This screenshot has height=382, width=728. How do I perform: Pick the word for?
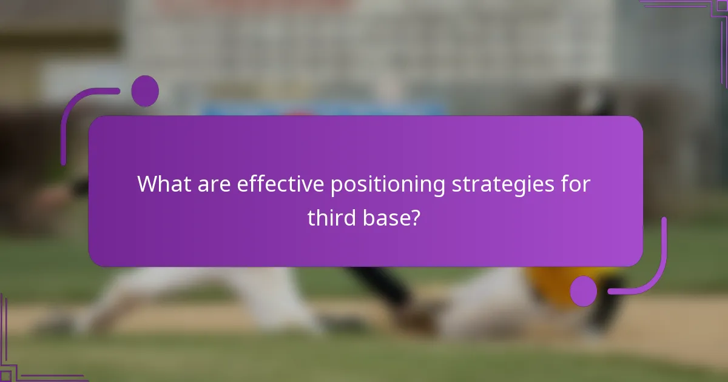click(574, 184)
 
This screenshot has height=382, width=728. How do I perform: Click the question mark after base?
click(414, 217)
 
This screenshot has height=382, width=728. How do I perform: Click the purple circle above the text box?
click(145, 91)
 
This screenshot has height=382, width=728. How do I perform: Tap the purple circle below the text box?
click(584, 291)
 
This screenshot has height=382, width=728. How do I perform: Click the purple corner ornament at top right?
click(698, 18)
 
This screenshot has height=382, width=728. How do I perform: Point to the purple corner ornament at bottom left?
click(18, 352)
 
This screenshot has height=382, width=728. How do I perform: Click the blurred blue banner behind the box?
click(322, 110)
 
